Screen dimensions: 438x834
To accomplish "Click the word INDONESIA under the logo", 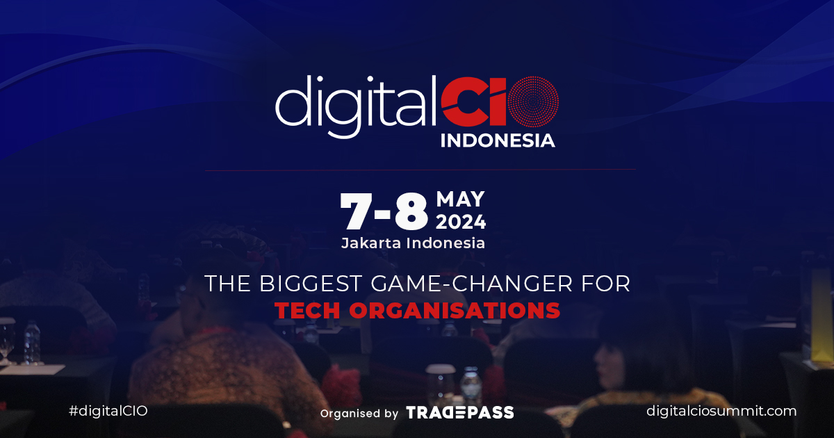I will coord(498,140).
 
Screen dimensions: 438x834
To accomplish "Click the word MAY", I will coord(460,200).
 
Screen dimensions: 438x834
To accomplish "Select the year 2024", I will coord(461,222).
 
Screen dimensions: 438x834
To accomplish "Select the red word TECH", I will coord(308,310).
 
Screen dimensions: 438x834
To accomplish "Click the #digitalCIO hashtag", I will coord(108,411).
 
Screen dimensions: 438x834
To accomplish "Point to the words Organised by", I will coord(359,413).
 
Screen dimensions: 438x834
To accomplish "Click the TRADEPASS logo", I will coord(459,412).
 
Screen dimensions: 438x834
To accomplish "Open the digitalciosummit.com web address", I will coord(721,411).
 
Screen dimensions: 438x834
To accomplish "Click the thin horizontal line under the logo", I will coord(420,170).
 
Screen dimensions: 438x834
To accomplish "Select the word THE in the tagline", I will coord(226,284).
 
